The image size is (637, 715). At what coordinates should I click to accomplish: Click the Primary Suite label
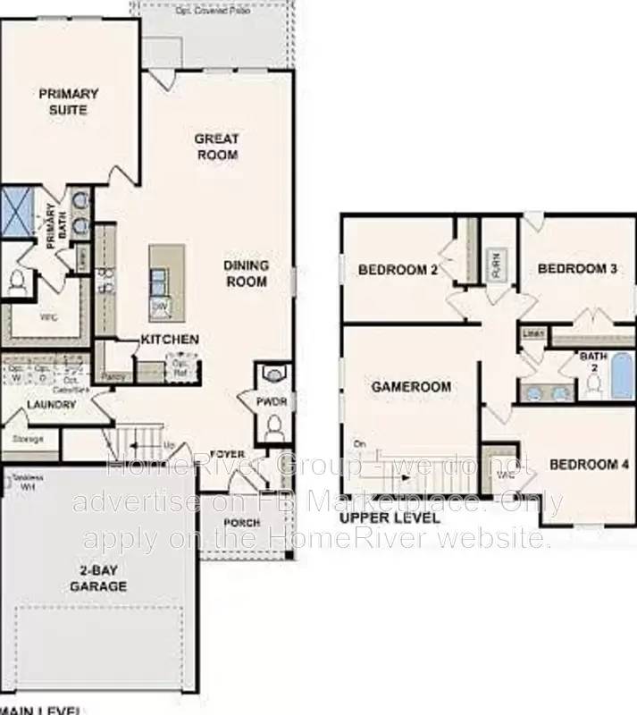pyautogui.click(x=68, y=101)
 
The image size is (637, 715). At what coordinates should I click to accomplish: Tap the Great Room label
pyautogui.click(x=216, y=147)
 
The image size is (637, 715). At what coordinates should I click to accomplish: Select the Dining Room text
pyautogui.click(x=245, y=273)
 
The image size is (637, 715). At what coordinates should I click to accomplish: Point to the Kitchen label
pyautogui.click(x=170, y=340)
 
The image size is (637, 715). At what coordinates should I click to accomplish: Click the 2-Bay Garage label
pyautogui.click(x=98, y=578)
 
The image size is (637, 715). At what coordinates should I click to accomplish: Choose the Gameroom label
pyautogui.click(x=411, y=387)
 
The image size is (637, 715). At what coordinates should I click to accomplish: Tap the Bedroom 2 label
pyautogui.click(x=398, y=269)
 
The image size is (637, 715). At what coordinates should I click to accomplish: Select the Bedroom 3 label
pyautogui.click(x=578, y=267)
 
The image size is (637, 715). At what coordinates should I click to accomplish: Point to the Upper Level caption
pyautogui.click(x=390, y=517)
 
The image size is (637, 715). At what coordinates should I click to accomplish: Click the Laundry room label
pyautogui.click(x=52, y=404)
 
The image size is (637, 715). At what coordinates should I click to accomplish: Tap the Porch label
pyautogui.click(x=242, y=523)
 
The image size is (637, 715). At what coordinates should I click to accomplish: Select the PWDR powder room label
pyautogui.click(x=272, y=402)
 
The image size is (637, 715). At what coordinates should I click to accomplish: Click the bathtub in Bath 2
pyautogui.click(x=620, y=375)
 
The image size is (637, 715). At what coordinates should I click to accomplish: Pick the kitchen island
pyautogui.click(x=166, y=282)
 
